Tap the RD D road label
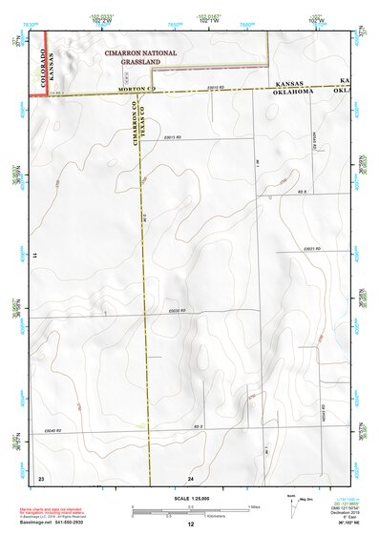[199, 426]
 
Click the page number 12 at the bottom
[191, 525]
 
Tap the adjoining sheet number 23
[41, 477]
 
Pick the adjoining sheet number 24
[191, 477]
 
